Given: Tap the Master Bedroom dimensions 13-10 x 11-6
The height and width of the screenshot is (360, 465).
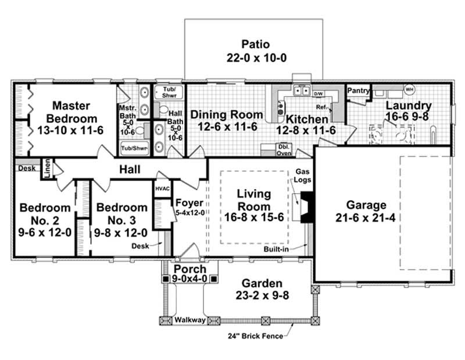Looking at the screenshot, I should pos(70,130).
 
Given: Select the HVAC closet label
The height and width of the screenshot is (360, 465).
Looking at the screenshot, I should pos(162,190).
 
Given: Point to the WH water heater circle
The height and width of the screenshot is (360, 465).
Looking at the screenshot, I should pos(409,90).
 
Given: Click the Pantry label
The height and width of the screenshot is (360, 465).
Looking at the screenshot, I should pos(358,91).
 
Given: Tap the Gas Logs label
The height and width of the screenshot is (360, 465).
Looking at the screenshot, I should pos(303,176).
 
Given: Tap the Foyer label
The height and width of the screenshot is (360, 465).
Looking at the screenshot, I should pos(189,203).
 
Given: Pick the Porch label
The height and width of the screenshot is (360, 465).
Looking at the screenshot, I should pos(190,269).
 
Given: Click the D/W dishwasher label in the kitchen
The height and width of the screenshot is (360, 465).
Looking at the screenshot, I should pos(318,94).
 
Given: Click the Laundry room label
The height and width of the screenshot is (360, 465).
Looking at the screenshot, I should pos(409,106).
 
